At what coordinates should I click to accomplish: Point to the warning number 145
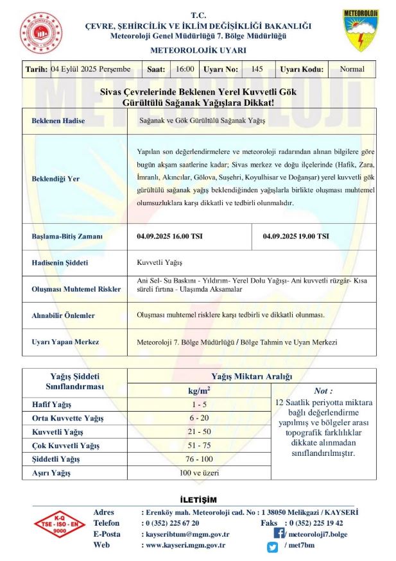tap(257, 69)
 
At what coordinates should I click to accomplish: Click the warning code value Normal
tap(352, 69)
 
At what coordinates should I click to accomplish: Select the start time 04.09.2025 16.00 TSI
tap(170, 237)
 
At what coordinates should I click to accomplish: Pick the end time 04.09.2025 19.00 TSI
tap(296, 237)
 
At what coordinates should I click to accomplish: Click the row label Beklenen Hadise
tap(58, 121)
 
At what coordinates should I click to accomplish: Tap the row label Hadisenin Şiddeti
tap(60, 263)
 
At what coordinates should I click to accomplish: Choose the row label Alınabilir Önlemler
tap(63, 315)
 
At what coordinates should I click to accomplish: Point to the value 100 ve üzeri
tap(199, 473)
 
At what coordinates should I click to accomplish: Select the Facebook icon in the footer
tap(279, 533)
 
